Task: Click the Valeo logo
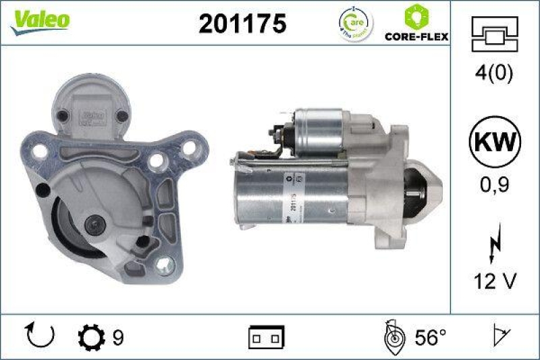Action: [x=38, y=21]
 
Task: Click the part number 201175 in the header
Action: [x=242, y=24]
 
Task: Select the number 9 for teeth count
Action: [x=118, y=336]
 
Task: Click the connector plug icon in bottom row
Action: [x=267, y=336]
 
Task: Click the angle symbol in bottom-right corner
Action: [x=501, y=335]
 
